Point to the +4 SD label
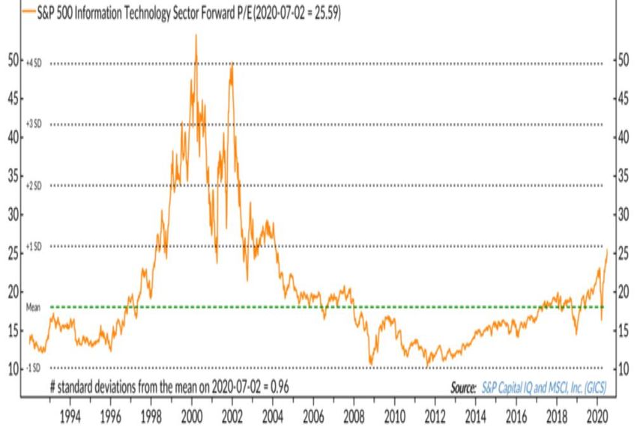tap(34, 63)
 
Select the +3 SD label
tap(34, 124)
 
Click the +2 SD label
tap(34, 185)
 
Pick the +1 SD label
tap(34, 246)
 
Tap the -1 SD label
tap(34, 368)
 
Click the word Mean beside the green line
tap(33, 307)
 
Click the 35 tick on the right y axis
tap(622, 177)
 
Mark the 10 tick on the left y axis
tap(13, 369)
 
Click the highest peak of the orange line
tap(196, 34)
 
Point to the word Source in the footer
tap(462, 388)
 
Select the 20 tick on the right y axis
tap(622, 293)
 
